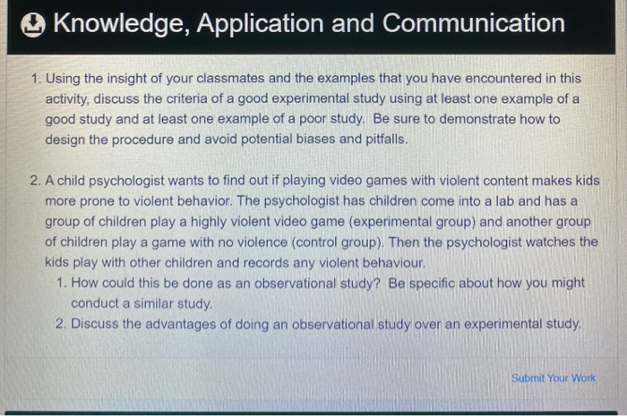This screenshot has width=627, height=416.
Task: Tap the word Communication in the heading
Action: pos(474,24)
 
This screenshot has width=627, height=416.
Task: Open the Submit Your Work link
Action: pos(553,378)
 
